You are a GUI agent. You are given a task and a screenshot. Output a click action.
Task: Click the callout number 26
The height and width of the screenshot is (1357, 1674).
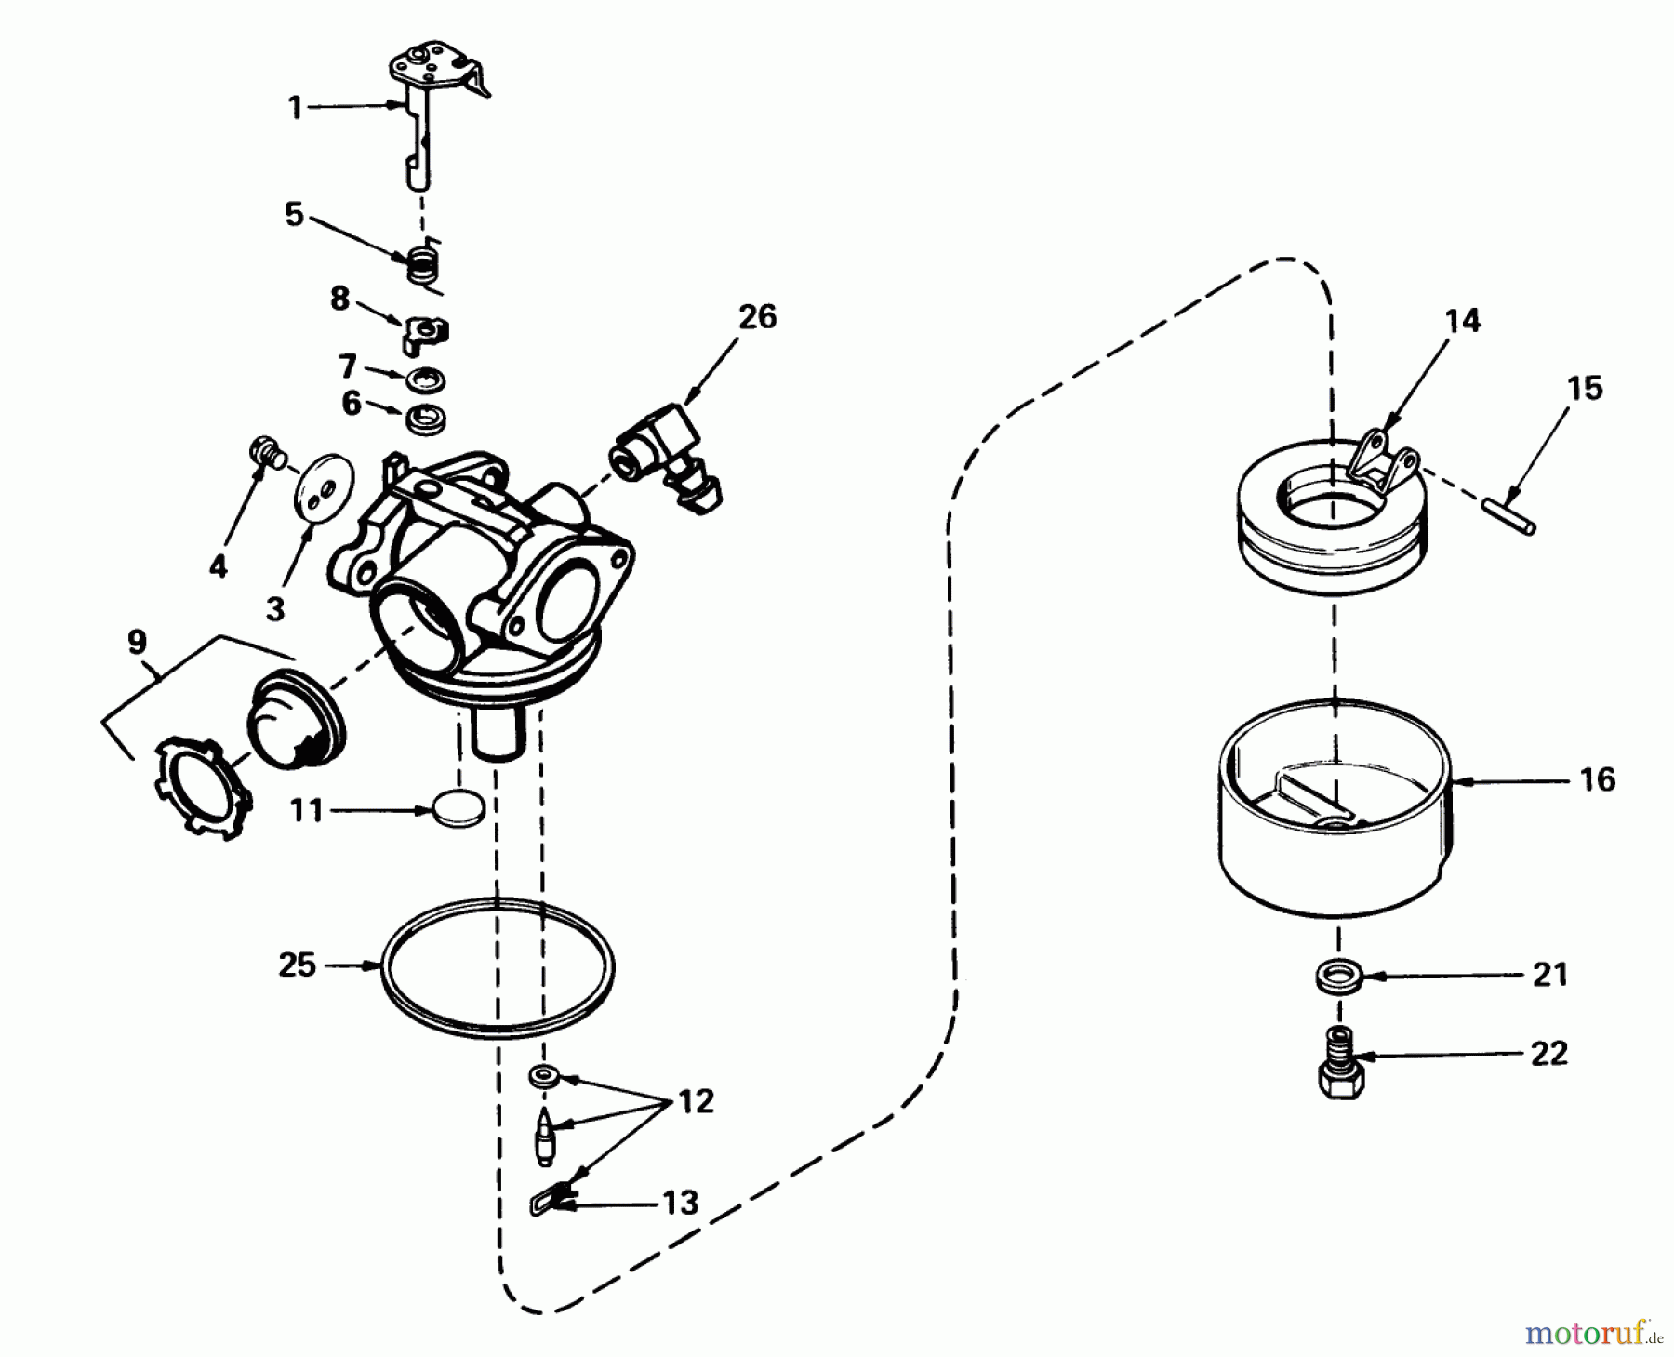click(x=758, y=317)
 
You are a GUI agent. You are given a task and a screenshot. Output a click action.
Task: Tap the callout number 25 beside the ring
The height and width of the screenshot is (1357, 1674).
click(x=298, y=965)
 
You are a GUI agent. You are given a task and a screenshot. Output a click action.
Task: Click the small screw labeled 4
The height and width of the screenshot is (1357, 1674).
click(x=264, y=453)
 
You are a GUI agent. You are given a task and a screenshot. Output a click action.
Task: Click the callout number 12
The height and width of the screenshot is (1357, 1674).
click(x=696, y=1102)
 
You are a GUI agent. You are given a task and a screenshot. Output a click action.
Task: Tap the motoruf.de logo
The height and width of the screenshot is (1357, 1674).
click(x=1594, y=1334)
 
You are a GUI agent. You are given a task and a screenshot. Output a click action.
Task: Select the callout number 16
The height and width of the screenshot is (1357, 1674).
click(x=1598, y=779)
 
